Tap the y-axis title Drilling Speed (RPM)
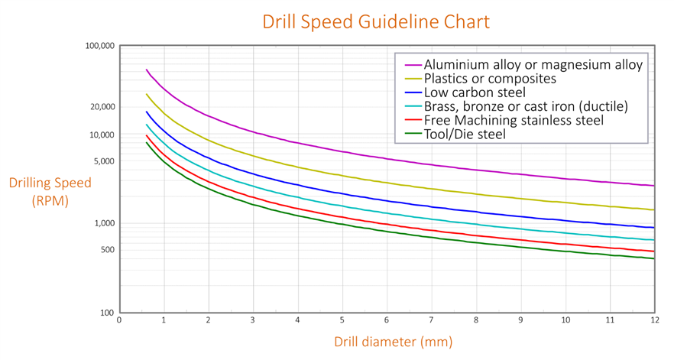pos(50,192)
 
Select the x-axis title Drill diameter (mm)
pos(393,341)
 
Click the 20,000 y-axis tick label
pos(102,107)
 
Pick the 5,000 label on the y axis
pos(104,161)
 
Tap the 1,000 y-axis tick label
pos(104,223)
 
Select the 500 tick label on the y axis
pos(107,250)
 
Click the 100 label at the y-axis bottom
pos(107,313)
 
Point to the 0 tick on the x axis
pos(119,320)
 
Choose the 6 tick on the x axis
pos(387,320)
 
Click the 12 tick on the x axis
pos(653,320)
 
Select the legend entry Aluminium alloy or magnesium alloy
pos(533,65)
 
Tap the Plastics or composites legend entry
pos(490,79)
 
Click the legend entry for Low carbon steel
pos(475,92)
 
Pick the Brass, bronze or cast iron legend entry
pos(525,106)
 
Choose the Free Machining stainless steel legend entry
pos(514,120)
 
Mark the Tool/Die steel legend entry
pos(465,135)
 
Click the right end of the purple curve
pos(653,185)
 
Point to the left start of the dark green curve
pos(147,142)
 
